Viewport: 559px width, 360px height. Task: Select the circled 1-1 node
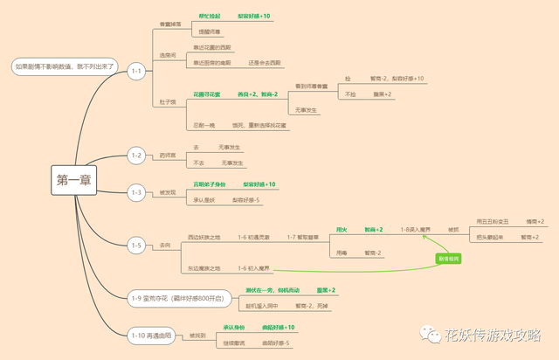click(x=135, y=71)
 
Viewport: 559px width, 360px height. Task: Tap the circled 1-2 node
click(x=135, y=156)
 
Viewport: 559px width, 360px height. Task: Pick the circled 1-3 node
click(x=135, y=191)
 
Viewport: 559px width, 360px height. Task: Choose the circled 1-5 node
click(x=135, y=246)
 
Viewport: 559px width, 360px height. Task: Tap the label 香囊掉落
click(x=169, y=24)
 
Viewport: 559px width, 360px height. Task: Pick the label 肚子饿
click(x=167, y=102)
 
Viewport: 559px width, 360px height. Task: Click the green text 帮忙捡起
click(x=210, y=17)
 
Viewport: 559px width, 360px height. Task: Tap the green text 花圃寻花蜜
click(x=207, y=93)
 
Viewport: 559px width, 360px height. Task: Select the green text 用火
click(x=342, y=230)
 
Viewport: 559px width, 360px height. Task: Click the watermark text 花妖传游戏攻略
click(x=493, y=335)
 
